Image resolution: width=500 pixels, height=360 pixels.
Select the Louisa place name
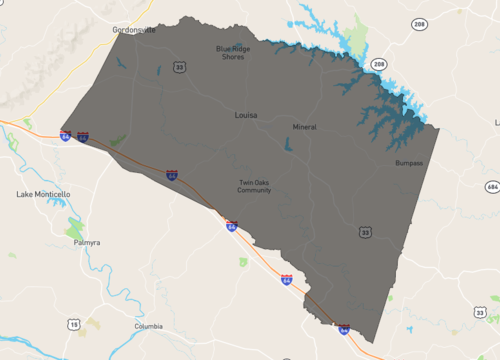click(244, 115)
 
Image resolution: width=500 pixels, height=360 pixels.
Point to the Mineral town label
click(304, 127)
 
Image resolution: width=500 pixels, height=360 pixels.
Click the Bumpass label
click(408, 162)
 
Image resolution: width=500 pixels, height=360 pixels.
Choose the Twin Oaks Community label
click(255, 186)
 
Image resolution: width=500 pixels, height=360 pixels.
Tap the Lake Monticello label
click(44, 193)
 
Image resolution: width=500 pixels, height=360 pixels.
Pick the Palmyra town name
click(89, 243)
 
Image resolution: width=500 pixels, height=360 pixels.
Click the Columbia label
click(148, 327)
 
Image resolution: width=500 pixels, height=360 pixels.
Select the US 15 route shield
click(74, 324)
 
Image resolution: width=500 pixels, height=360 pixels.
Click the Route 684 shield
click(491, 187)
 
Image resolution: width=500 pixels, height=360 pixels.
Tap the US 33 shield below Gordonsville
click(179, 67)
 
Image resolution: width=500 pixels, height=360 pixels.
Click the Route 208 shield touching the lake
click(379, 63)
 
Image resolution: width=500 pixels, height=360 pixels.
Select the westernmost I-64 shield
click(64, 137)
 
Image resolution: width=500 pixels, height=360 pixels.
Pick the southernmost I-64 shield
click(343, 328)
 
